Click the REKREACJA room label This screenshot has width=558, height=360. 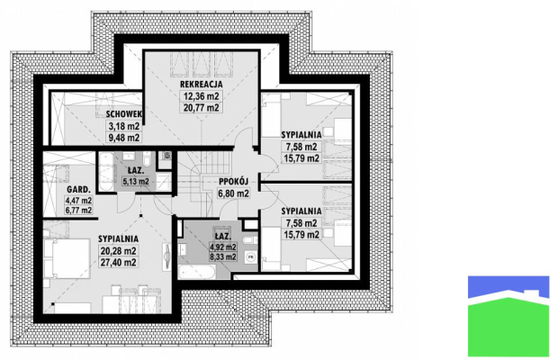coord(201,85)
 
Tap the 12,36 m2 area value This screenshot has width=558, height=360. coord(201,96)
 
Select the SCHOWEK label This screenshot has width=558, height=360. coord(124,114)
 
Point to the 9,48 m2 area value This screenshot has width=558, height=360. coord(123,138)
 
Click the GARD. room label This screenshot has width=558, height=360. coord(78,190)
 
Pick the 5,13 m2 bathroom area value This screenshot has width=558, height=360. coord(136,182)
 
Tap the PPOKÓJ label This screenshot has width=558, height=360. coord(233,182)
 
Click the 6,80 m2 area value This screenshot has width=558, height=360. coord(233,193)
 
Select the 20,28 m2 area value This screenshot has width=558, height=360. coord(118,251)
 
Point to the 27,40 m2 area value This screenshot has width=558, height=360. coord(118,263)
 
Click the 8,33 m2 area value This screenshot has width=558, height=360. coord(223,256)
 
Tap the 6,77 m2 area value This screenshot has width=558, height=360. coord(78,211)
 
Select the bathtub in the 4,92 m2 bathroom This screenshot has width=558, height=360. coord(196,273)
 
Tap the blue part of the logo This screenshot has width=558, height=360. coord(508,285)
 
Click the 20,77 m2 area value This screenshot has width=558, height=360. coord(201,107)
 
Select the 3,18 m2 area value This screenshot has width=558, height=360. coord(123,126)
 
